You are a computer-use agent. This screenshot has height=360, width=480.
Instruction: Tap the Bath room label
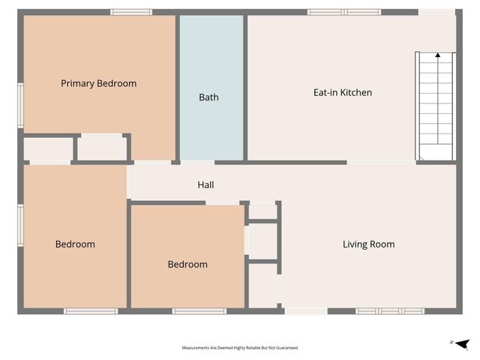coord(208,97)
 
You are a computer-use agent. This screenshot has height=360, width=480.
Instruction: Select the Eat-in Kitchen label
coord(342,93)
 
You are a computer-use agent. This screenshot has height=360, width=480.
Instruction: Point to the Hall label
coord(206,184)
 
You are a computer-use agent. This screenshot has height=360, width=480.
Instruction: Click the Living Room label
coord(368,244)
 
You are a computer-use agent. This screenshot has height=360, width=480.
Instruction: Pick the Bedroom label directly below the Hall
coord(187,265)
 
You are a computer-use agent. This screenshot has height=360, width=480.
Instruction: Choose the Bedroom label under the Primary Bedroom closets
coord(75,244)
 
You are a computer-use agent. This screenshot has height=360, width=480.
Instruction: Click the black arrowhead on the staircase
coord(438,55)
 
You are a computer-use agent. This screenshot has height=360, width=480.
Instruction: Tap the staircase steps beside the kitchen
coord(436,105)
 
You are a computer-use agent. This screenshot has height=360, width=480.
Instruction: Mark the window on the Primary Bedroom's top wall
coord(131,12)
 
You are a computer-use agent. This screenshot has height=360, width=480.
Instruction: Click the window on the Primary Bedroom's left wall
coord(21,105)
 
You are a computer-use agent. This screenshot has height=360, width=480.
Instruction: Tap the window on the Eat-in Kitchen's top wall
coord(344,12)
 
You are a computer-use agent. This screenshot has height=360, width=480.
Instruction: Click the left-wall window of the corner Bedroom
coord(21,225)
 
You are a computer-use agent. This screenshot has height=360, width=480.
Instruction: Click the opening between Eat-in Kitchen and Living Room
coord(381,162)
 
